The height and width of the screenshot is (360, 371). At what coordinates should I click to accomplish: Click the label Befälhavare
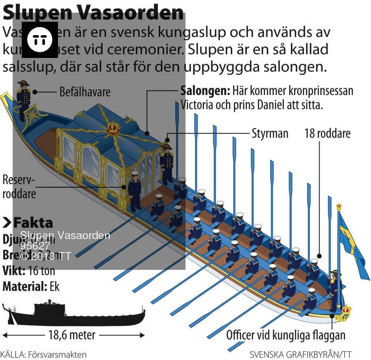85,92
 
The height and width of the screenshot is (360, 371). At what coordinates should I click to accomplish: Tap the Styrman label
270,133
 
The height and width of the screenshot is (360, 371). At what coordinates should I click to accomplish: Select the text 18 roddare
327,133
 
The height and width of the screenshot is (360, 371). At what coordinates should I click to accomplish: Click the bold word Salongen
205,90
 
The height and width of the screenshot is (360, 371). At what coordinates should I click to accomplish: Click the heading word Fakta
33,222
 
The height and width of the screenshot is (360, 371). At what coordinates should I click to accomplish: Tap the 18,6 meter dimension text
72,335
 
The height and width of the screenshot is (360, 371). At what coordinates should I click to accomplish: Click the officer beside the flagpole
334,290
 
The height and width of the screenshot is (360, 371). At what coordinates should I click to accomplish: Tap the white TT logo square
40,40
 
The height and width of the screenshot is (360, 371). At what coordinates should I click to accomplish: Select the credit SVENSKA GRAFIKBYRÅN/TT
301,354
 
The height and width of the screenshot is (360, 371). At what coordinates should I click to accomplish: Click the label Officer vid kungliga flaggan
285,335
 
